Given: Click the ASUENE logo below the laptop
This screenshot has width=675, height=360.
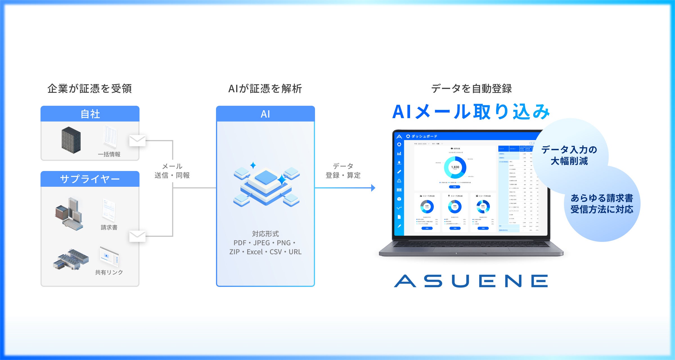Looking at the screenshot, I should [x=471, y=281].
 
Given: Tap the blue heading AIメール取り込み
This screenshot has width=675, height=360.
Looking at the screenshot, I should [x=471, y=112].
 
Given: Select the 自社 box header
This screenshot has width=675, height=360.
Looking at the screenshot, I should [x=90, y=114].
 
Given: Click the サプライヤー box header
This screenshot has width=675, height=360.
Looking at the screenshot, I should [x=90, y=179].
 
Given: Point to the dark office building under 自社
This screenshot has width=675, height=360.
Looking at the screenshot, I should [x=71, y=140].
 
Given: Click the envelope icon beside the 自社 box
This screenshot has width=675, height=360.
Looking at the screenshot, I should [x=137, y=141].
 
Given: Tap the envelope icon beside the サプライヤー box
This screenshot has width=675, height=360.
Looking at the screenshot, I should [x=137, y=236].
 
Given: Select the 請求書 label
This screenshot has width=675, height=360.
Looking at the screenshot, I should [x=109, y=227].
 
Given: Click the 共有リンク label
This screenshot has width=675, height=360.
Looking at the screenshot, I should [x=109, y=272].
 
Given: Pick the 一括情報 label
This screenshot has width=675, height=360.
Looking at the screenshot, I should [x=109, y=154].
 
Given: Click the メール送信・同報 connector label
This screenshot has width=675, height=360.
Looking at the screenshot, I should [x=172, y=171].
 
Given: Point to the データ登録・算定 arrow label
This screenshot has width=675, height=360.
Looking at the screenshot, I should [x=343, y=171].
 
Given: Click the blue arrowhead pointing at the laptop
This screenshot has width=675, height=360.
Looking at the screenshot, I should [x=373, y=188].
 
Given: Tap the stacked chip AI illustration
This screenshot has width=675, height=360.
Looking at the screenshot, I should [x=266, y=184].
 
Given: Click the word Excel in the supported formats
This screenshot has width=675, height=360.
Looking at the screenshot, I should [x=255, y=252].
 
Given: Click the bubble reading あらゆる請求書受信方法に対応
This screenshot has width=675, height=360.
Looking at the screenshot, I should [x=602, y=204].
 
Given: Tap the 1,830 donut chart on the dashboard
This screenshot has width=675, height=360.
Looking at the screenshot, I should [x=455, y=167].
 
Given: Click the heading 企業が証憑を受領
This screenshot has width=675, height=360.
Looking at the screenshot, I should [x=89, y=89].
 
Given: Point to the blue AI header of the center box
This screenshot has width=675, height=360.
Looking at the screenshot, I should [x=265, y=114].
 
